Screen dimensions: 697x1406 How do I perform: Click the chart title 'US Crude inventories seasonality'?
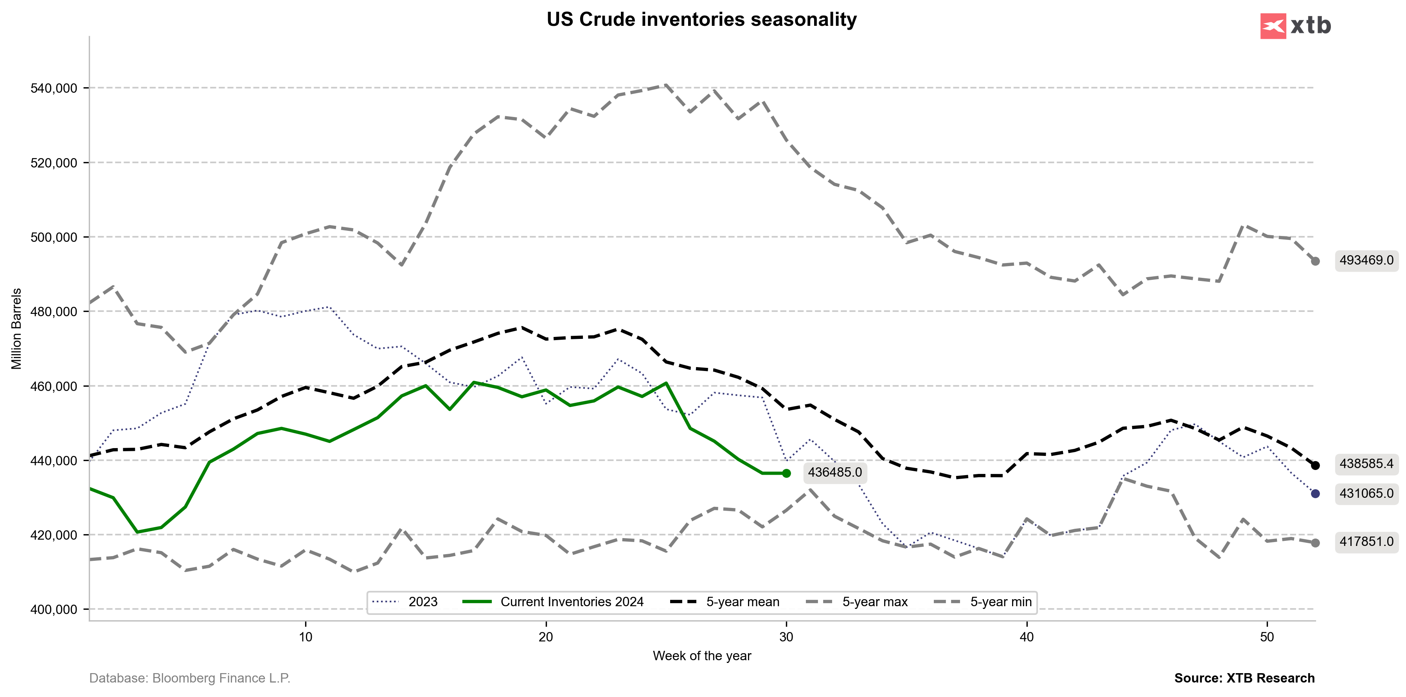701,20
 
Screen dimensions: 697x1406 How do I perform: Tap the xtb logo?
1295,26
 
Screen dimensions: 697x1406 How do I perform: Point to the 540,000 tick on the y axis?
54,88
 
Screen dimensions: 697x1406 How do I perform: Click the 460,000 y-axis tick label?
54,386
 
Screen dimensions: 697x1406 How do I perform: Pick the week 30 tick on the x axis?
786,636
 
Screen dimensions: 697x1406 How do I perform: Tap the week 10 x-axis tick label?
305,636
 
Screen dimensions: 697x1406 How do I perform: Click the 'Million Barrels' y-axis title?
17,329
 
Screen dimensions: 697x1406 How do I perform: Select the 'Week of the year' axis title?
701,656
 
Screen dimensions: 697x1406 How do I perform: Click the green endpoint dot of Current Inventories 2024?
786,473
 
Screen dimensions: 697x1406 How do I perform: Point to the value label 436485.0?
834,472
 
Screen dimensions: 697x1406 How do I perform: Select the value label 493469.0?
1366,260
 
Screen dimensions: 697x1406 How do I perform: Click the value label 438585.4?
1366,464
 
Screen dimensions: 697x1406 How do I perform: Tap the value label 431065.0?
1366,493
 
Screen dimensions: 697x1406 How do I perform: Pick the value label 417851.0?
1366,542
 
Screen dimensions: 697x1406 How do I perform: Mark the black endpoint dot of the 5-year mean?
1315,466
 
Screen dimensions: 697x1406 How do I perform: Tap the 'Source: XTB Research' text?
1244,678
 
